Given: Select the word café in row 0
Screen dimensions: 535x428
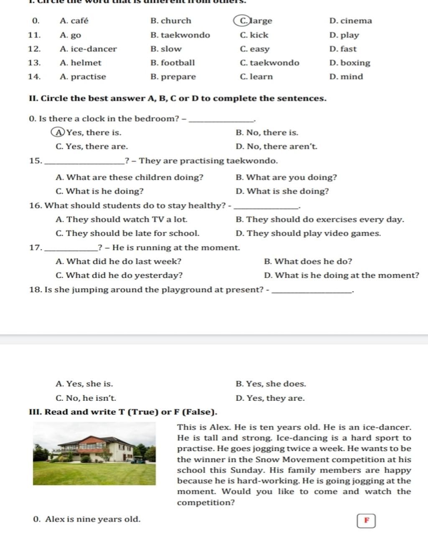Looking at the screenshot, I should (79, 21).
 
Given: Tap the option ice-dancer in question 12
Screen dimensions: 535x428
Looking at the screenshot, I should (94, 49).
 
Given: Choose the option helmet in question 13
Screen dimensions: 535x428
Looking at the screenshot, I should (86, 63).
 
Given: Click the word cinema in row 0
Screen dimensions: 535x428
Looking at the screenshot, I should (356, 21).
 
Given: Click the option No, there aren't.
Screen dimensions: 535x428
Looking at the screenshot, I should (282, 146).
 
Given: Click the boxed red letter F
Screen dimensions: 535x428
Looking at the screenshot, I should (367, 520).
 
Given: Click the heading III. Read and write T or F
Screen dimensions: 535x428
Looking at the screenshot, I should (123, 412).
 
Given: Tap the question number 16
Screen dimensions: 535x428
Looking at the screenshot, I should (35, 205).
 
